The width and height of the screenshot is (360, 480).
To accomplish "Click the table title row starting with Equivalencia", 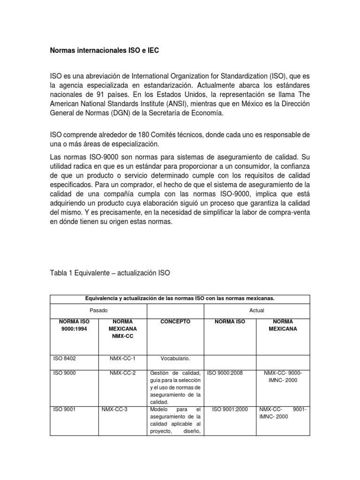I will coord(180,298).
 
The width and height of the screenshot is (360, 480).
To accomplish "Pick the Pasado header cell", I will coord(98,310).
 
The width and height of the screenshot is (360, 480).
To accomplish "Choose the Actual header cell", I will coord(257,310).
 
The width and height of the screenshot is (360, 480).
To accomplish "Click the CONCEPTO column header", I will coord(175,322).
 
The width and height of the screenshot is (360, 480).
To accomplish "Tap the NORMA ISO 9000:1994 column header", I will coord(71,325).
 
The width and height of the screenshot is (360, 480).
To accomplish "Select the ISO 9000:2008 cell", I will coord(229,373).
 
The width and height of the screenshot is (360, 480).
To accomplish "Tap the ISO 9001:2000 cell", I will coord(229,409).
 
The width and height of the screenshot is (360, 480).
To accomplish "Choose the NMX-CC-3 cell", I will coord(114,409).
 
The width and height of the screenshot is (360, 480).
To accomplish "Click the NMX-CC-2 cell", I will coord(122,373).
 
